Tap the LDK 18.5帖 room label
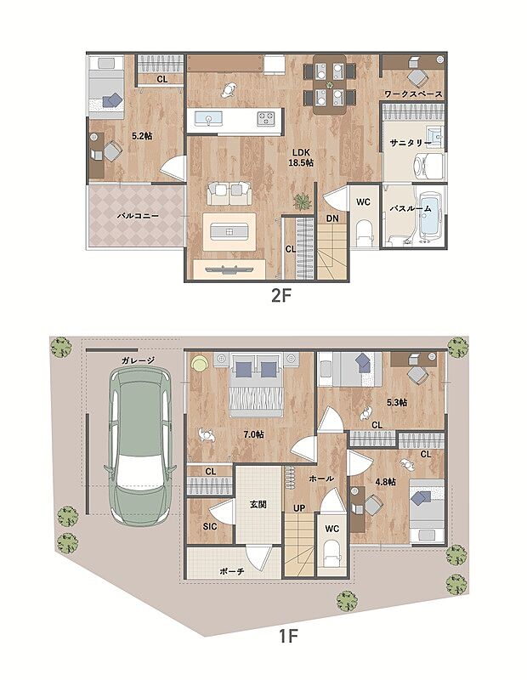pos(302,157)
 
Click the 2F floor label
pos(280,296)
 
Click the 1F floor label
pos(287,637)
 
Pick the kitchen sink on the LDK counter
pos(208,118)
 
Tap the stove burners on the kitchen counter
pos(266,118)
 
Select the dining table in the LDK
pos(330,84)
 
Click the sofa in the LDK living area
pos(229,193)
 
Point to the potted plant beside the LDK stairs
pos(302,201)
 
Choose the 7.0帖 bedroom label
pos(253,434)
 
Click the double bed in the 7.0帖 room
pos(256,385)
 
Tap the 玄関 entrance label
pos(258,504)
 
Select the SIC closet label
pos(210,526)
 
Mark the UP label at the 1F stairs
pos(299,507)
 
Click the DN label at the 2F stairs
pos(332,218)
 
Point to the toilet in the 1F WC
pos(332,553)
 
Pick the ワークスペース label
pos(413,93)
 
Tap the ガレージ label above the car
pos(138,360)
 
